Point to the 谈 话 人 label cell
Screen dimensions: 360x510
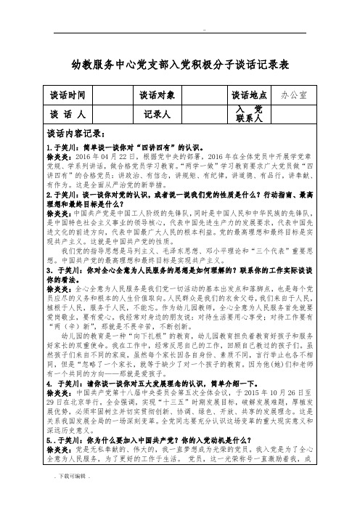click(x=71, y=114)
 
